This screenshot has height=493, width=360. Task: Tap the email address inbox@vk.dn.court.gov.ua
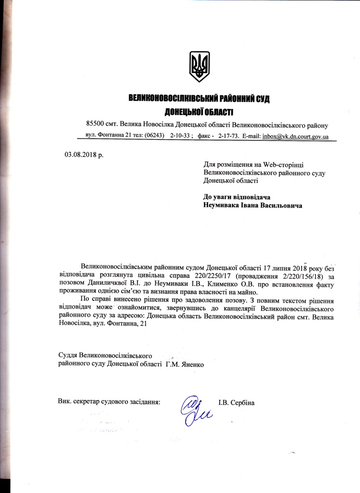[x=295, y=137]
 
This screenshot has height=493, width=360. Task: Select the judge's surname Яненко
[x=192, y=364]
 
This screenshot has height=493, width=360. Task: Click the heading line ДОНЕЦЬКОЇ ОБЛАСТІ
[x=199, y=112]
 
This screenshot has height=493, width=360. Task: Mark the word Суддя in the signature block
[x=68, y=356]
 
